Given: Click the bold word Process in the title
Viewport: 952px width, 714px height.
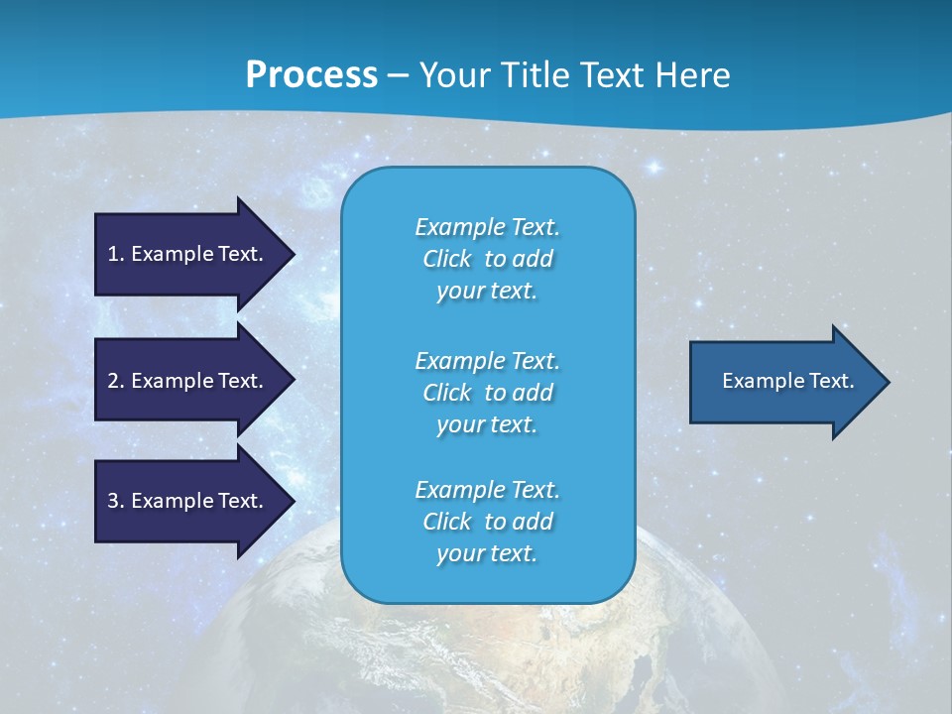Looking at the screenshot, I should tap(311, 75).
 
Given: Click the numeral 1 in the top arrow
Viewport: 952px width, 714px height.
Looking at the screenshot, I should tap(113, 254).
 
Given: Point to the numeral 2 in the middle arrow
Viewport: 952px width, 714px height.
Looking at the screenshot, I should tap(113, 381).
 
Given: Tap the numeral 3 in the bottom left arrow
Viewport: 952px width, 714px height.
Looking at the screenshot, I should tap(113, 501).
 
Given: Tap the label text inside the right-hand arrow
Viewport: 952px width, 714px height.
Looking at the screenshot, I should tap(787, 381).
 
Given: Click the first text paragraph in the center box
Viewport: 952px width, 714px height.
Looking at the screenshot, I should tap(487, 259).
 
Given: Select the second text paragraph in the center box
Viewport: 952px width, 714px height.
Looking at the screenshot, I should tap(487, 393).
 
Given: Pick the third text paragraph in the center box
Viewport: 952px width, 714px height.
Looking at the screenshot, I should tap(487, 522).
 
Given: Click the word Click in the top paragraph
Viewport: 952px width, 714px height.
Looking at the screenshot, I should tap(447, 259).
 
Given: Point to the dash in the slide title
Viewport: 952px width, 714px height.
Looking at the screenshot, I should tap(399, 75).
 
